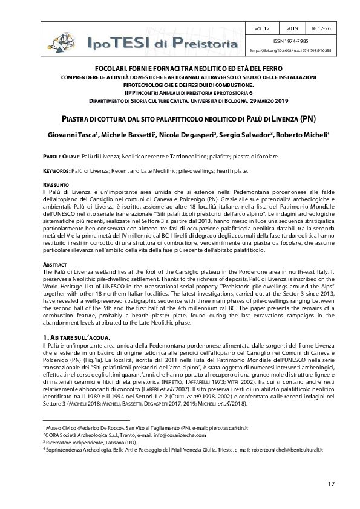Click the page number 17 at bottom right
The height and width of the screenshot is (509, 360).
(x=331, y=484)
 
